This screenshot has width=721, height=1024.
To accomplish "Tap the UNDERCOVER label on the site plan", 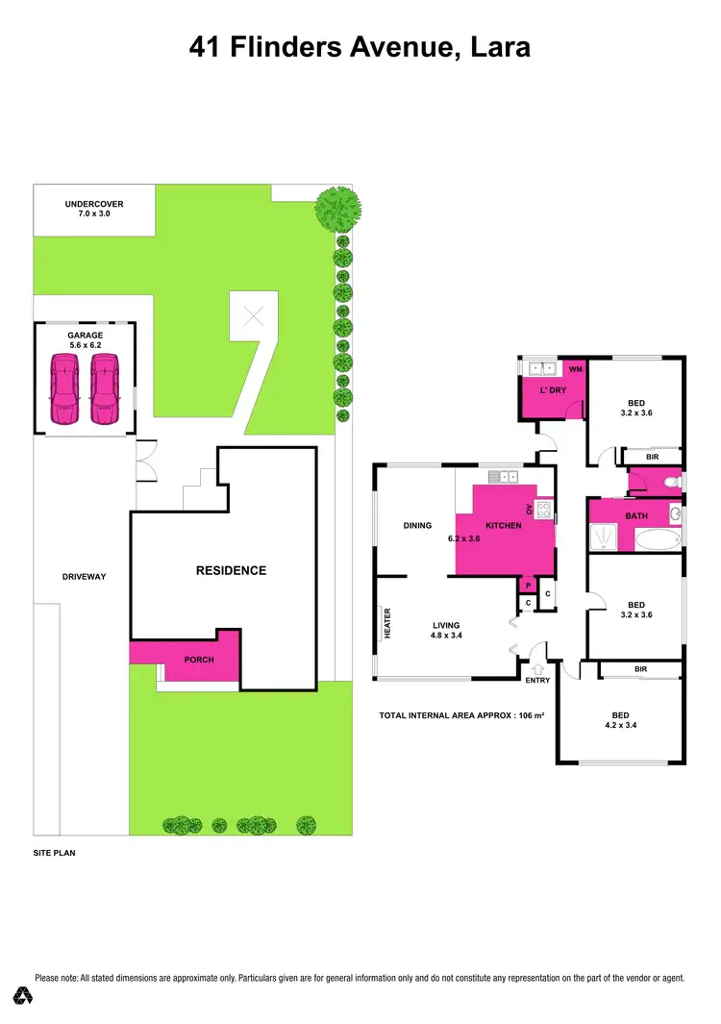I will [x=93, y=204].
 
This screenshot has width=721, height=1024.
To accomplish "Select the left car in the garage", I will [x=63, y=389].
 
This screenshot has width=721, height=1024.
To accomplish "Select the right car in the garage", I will [x=104, y=389].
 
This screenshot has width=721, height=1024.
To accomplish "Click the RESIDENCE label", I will [x=231, y=570].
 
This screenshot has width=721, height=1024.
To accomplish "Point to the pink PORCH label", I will [x=199, y=660].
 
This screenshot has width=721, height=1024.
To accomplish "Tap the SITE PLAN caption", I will [x=54, y=853].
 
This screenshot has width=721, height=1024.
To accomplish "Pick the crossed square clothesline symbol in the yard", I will [x=254, y=315].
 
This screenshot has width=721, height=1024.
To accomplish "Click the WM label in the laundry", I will [x=576, y=368].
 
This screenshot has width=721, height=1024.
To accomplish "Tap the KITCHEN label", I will [x=503, y=526].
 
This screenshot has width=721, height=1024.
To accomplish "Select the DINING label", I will [x=417, y=526].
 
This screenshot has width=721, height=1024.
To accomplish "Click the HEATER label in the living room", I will [x=387, y=624].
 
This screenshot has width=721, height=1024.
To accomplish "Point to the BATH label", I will [x=635, y=516].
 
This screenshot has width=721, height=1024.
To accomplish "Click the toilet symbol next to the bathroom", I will [x=673, y=481].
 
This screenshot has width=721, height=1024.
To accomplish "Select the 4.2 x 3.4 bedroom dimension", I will [x=621, y=726].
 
